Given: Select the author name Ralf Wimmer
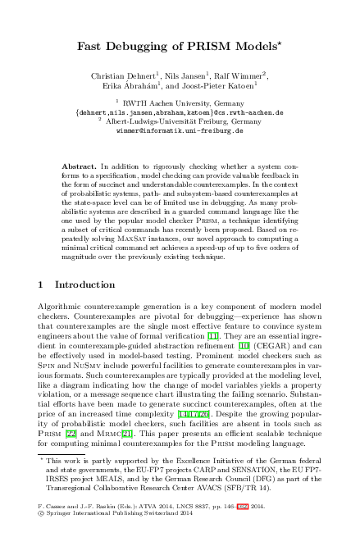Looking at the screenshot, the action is tap(226, 75).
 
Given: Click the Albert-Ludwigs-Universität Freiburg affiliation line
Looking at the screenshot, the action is tap(180, 121).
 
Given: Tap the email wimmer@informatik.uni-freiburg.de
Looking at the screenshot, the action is tap(180, 130).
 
